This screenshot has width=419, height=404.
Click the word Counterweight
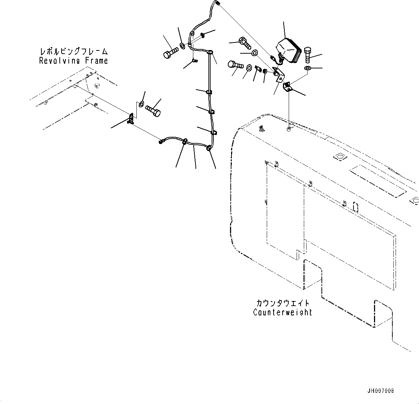282,312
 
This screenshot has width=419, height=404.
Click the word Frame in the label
96,60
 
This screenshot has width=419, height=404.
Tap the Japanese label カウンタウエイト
283,303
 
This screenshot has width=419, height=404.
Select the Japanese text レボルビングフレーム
73,52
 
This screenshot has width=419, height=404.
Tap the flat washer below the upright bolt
308,68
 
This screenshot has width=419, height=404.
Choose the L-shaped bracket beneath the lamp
279,75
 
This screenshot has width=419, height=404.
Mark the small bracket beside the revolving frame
131,118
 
